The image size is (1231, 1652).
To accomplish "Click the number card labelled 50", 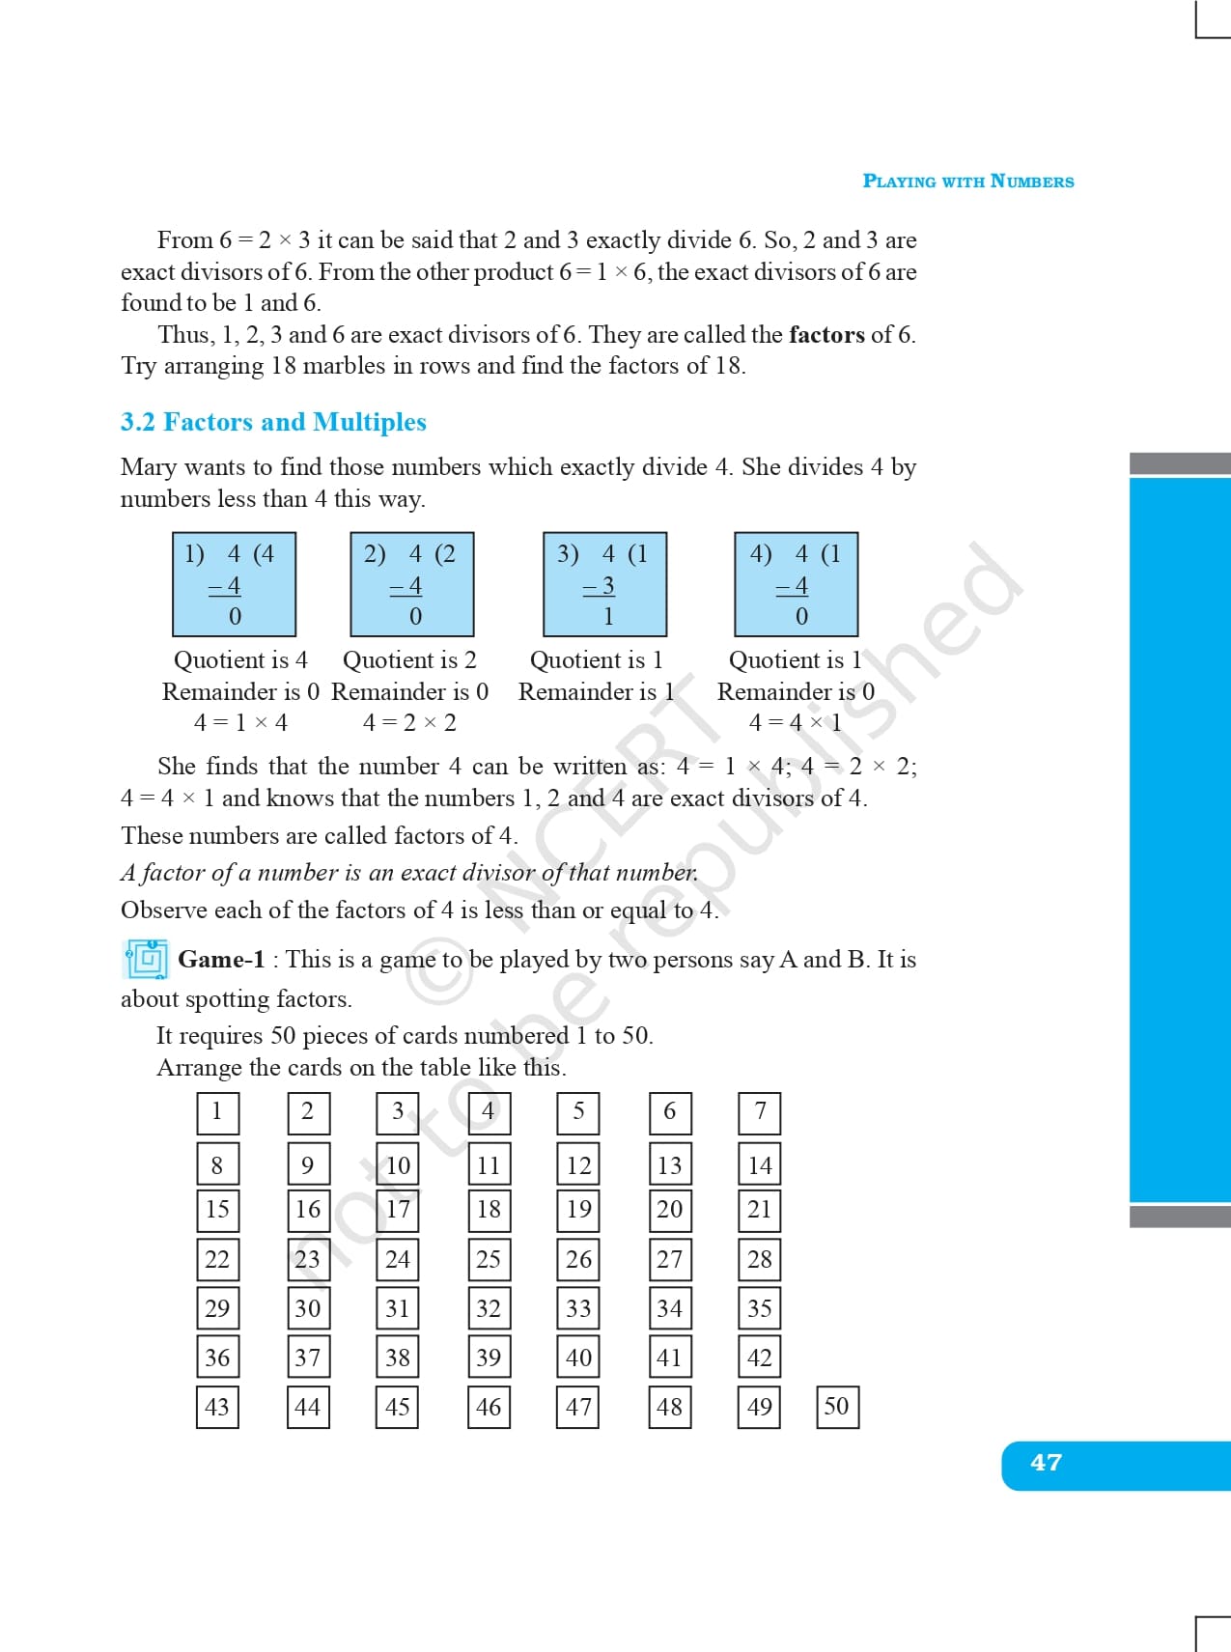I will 837,1407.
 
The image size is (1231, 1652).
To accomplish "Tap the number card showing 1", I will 217,1112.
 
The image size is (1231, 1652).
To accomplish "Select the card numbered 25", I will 489,1259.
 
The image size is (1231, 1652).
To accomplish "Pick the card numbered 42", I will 760,1358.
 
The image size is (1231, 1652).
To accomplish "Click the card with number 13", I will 670,1165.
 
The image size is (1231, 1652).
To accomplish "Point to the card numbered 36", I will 217,1358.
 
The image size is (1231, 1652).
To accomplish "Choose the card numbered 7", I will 760,1112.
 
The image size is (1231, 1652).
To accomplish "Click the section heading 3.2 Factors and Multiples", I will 273,422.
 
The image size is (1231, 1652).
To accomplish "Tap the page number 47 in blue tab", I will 1046,1463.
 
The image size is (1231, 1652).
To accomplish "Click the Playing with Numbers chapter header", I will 967,182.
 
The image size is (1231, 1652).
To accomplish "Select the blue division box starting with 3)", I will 605,584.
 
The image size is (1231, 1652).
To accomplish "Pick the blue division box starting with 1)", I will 235,584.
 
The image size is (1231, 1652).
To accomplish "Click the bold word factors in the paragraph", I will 826,335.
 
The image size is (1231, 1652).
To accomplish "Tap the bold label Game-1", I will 221,960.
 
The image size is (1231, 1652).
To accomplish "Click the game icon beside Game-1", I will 147,960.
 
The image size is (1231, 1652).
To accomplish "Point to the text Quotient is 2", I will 409,660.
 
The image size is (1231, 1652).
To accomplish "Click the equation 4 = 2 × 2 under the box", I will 409,723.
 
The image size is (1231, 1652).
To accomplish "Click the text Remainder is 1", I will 597,692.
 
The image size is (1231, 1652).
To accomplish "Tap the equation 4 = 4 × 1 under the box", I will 796,723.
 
